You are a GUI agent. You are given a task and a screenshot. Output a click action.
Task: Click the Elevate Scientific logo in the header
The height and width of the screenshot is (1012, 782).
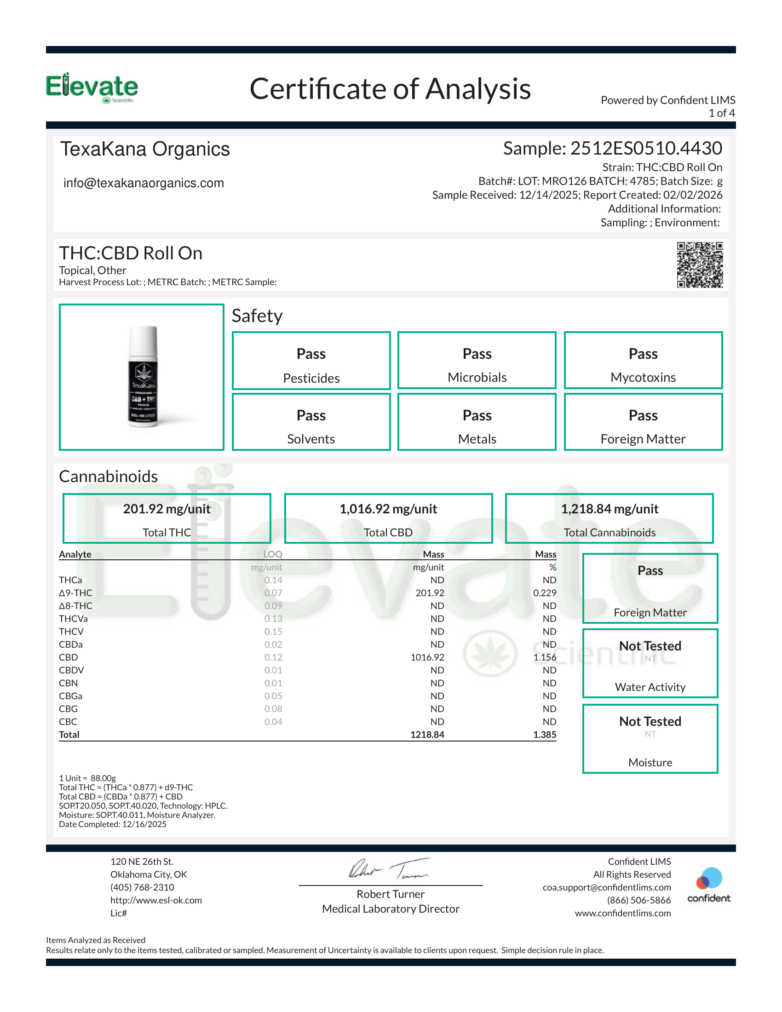tap(92, 87)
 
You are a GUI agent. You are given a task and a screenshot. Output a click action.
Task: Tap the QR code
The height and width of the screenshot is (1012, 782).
tap(700, 264)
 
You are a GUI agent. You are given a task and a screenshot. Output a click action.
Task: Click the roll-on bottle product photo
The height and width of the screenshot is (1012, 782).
tap(143, 376)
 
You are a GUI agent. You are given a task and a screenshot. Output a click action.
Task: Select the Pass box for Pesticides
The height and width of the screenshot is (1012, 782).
tap(311, 361)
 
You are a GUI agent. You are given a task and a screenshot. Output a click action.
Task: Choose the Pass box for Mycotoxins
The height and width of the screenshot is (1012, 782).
tap(643, 360)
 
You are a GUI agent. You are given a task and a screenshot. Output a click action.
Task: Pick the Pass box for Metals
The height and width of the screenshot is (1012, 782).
tap(477, 422)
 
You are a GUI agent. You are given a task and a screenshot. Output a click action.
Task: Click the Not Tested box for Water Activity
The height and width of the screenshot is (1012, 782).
tap(650, 663)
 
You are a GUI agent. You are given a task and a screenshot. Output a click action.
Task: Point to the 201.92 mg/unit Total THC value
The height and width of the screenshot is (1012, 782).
tap(167, 509)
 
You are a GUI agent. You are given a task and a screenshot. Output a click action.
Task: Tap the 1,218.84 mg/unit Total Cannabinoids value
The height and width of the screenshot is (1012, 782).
tap(609, 509)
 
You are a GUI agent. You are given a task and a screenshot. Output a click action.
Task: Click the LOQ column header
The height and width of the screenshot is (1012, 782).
tap(272, 554)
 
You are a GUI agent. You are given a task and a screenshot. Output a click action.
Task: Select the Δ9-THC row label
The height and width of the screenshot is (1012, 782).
tap(75, 592)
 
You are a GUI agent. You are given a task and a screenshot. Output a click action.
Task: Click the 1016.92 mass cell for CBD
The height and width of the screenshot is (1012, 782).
tap(427, 657)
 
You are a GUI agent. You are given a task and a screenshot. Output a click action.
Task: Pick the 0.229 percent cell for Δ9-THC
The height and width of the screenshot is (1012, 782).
tap(544, 592)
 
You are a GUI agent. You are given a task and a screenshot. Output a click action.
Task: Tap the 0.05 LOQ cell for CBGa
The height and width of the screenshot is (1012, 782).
tap(273, 696)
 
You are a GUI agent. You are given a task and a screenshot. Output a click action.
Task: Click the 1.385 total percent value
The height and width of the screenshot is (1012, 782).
tap(544, 735)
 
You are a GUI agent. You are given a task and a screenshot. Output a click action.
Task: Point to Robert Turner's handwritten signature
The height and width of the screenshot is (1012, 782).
tap(389, 869)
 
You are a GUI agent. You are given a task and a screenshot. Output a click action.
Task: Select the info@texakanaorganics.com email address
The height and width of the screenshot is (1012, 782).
tap(144, 183)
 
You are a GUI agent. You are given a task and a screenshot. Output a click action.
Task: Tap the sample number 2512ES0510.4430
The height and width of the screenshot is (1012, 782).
tap(646, 148)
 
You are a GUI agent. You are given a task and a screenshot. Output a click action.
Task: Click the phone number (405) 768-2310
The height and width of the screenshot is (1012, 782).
tap(142, 887)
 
